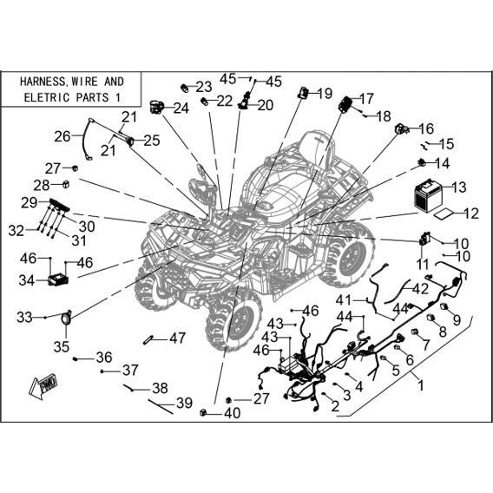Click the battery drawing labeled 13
(x=428, y=195)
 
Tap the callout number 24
(x=181, y=108)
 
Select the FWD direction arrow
(x=43, y=385)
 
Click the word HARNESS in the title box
(x=42, y=82)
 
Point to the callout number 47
(x=178, y=339)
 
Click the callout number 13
(x=459, y=187)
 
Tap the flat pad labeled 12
(x=444, y=214)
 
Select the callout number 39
(x=184, y=403)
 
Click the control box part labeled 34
(x=58, y=279)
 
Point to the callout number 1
(x=421, y=385)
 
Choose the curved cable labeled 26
(x=87, y=139)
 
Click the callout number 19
(x=325, y=94)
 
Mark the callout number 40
(x=233, y=413)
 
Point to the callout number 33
(x=24, y=318)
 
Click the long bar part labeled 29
(x=59, y=206)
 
